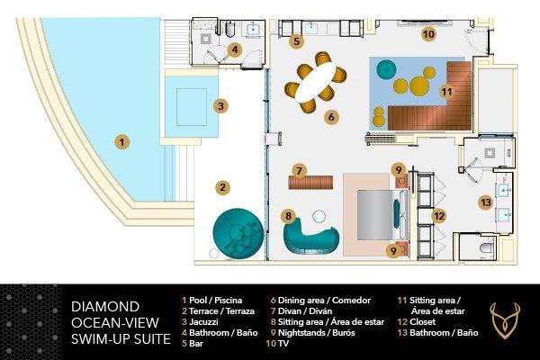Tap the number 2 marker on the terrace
[x=220, y=187]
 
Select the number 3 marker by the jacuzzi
[x=219, y=105]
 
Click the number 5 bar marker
[x=296, y=40]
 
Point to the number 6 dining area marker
[x=331, y=116]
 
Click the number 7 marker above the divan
[x=298, y=169]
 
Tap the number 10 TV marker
[x=428, y=34]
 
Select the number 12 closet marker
[x=439, y=215]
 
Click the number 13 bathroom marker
[x=486, y=202]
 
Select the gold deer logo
[x=504, y=319]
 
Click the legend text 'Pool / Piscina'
[x=216, y=300]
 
